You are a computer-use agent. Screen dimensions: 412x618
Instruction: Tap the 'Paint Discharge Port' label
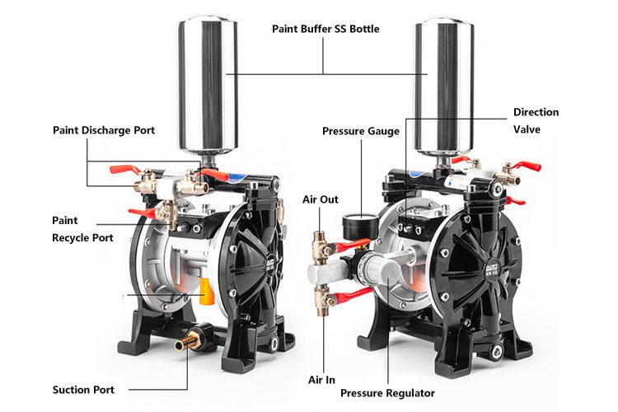104,130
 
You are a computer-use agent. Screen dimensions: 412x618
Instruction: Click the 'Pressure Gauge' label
360,131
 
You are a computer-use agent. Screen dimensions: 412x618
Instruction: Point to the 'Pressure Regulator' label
387,393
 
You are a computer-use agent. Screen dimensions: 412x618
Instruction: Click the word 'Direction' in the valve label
536,112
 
